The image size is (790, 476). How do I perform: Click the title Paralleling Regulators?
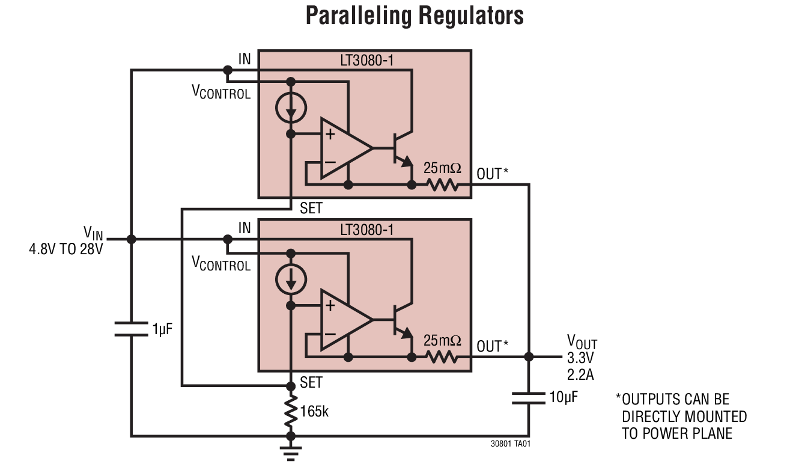click(x=415, y=16)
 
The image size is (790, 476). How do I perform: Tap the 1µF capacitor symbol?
click(x=132, y=329)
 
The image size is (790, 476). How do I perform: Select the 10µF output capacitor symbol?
click(x=529, y=397)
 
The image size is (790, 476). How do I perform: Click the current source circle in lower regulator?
click(x=291, y=278)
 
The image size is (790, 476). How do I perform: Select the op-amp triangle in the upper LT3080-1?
click(x=342, y=148)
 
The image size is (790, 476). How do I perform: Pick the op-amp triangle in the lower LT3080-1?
click(x=342, y=319)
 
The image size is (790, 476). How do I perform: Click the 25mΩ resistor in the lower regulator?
click(x=443, y=357)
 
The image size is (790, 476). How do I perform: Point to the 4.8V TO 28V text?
click(x=66, y=249)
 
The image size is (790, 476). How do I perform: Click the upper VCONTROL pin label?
click(x=220, y=93)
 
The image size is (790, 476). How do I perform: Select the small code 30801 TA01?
click(x=511, y=444)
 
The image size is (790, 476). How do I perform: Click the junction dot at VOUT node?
click(x=529, y=357)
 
